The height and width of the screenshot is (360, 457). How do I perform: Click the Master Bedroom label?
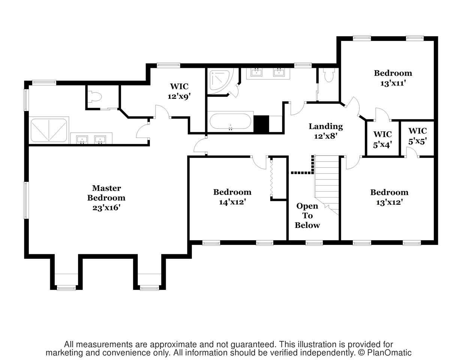(x=106, y=193)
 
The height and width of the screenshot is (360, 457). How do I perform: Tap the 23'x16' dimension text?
(x=106, y=207)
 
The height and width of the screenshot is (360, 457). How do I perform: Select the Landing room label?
(x=325, y=126)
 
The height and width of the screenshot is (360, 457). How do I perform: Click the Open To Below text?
(x=307, y=216)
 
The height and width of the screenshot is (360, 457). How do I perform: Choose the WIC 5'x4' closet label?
(x=382, y=139)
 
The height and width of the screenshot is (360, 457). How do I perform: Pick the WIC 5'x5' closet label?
(x=417, y=136)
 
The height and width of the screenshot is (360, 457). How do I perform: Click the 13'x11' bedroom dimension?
(x=393, y=83)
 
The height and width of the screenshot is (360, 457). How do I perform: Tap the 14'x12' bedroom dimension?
(x=232, y=202)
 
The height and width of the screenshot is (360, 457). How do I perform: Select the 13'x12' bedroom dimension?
(x=389, y=202)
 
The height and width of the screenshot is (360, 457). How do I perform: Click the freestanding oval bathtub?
(x=230, y=121)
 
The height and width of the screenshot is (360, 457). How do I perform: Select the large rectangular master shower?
(x=49, y=130)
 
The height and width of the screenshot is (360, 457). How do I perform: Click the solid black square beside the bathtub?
(x=261, y=124)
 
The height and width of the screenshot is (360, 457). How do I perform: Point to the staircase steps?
(x=327, y=184)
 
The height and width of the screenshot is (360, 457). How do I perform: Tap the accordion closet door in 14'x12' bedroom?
(x=271, y=178)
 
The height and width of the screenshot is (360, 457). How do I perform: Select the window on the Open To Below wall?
(x=314, y=243)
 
